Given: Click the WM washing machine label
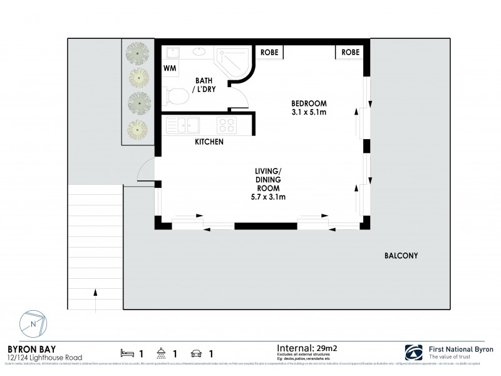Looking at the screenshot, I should pos(169,67).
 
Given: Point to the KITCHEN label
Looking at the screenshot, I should pos(209,142).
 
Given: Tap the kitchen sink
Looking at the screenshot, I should pos(182,125).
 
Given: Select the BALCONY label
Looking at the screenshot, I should pos(401,256).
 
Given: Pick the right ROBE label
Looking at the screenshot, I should pos(350,52).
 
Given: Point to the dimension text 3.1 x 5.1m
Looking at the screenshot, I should pos(309,112).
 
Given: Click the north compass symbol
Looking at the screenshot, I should pos(33,325).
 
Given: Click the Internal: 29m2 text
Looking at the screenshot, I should pos(306,346).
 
